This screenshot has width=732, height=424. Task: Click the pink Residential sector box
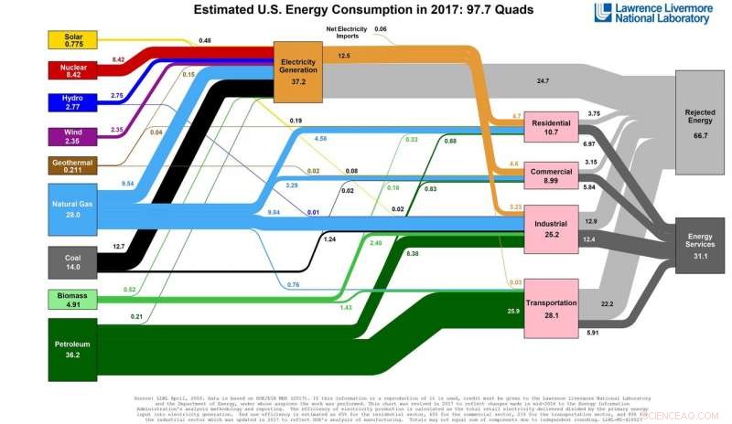click(x=551, y=128)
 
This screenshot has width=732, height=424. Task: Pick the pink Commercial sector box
click(x=551, y=175)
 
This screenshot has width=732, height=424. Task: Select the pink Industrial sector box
click(x=551, y=227)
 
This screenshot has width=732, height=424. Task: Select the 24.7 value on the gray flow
click(x=543, y=81)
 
